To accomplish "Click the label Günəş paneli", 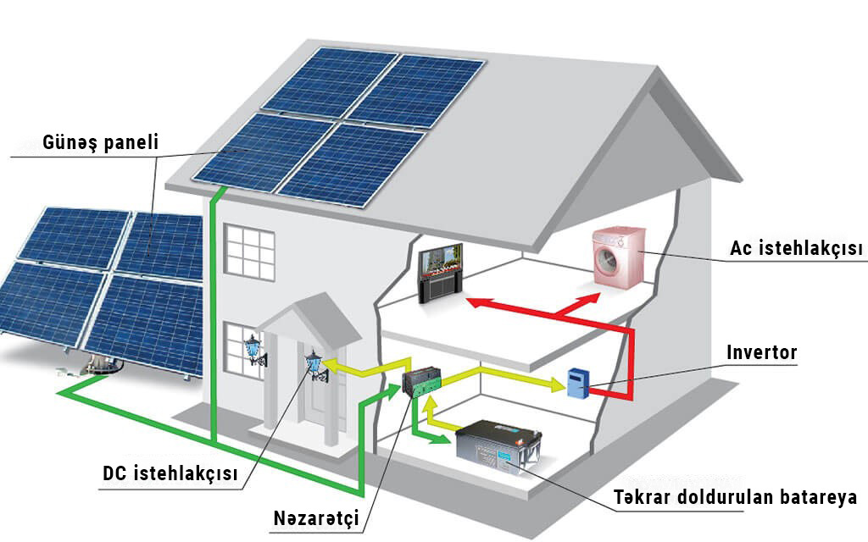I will [x=100, y=142].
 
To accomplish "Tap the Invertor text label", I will [x=762, y=352].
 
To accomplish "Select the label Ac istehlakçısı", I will [x=796, y=248].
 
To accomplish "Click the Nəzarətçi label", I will [x=316, y=517].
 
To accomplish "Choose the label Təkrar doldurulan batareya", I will [x=736, y=497].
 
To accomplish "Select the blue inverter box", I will [x=579, y=383].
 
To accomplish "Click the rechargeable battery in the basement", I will [x=498, y=447].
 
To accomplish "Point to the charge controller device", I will [x=421, y=383].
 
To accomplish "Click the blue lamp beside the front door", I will [x=315, y=365].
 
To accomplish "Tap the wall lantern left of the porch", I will [x=253, y=348].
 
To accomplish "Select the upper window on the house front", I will [x=249, y=254].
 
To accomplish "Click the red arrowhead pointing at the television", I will [x=474, y=300].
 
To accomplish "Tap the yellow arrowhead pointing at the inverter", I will [x=557, y=385].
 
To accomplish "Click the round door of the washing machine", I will [x=612, y=265].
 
